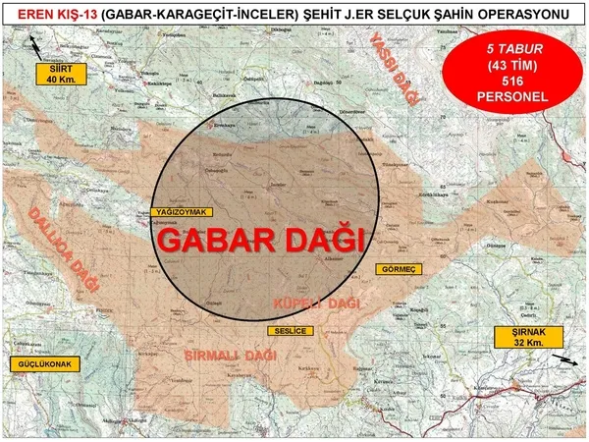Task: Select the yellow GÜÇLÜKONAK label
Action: pyautogui.click(x=44, y=363)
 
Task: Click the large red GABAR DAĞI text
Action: pyautogui.click(x=260, y=240)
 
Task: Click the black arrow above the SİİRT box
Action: pyautogui.click(x=36, y=45)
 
